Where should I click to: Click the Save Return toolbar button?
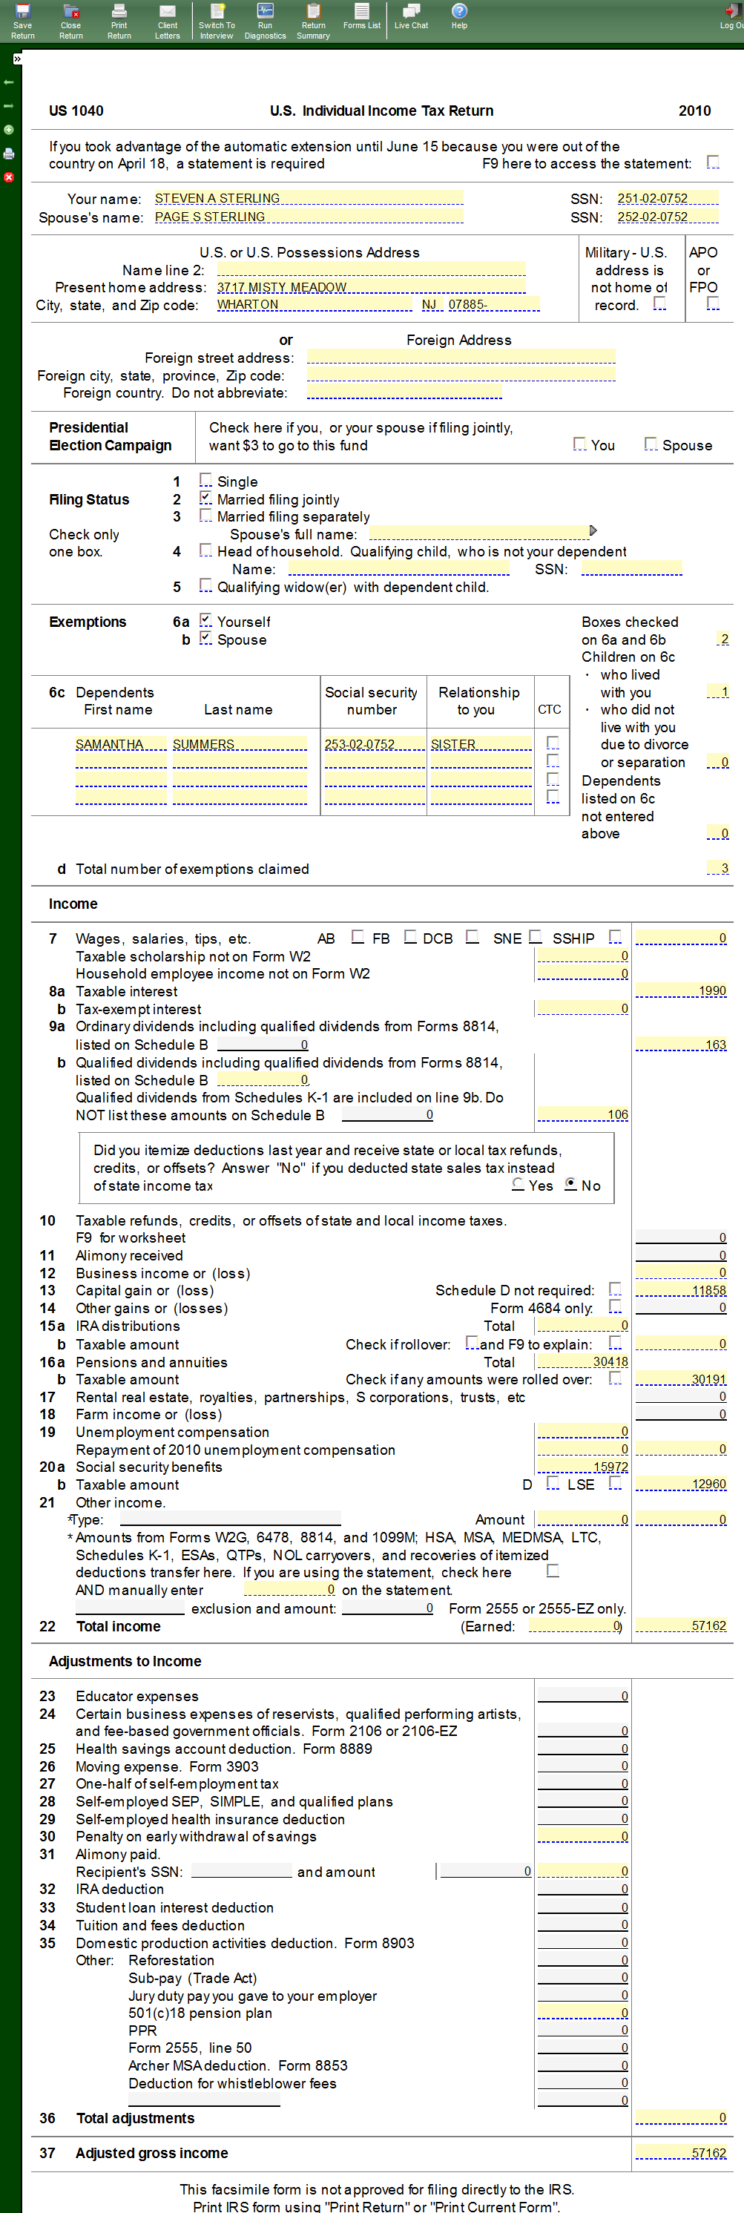(x=22, y=21)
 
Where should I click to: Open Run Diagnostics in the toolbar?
(x=265, y=21)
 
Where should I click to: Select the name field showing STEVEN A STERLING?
(x=308, y=198)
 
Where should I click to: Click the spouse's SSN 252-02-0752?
(x=667, y=217)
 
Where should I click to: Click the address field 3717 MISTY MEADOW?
(x=369, y=287)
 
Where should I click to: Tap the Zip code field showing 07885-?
(x=493, y=305)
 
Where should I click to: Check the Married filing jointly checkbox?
(x=205, y=499)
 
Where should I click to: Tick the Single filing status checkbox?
(x=205, y=480)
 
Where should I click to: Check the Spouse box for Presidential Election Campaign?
(x=651, y=444)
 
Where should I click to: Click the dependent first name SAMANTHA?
(x=120, y=744)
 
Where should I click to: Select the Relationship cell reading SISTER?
(x=480, y=744)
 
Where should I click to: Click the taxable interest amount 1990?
(x=681, y=991)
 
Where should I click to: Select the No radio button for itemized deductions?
(x=570, y=1185)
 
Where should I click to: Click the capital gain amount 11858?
(x=681, y=1290)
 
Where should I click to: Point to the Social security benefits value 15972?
(x=582, y=1467)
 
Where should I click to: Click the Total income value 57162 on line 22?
(x=681, y=1626)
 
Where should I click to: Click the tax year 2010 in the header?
(x=694, y=111)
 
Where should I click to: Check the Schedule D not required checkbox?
(x=615, y=1289)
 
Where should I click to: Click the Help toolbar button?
(x=460, y=16)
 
